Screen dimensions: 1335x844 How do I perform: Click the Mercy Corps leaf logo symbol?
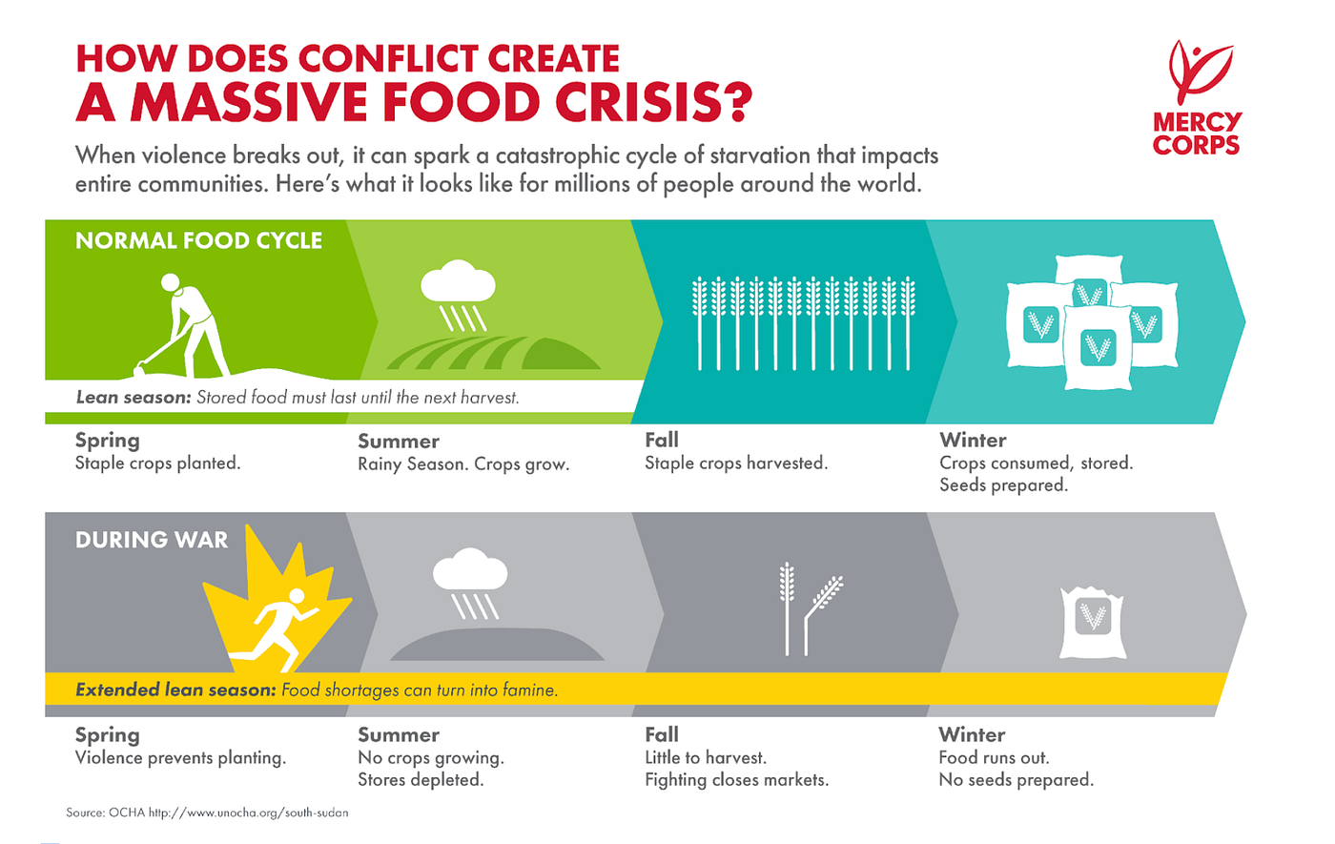(1200, 72)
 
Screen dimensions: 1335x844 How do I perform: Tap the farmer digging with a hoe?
(182, 325)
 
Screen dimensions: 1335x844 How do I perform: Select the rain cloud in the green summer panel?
(458, 280)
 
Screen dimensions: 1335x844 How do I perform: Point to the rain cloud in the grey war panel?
(470, 568)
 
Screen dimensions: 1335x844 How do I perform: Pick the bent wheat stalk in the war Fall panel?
(822, 614)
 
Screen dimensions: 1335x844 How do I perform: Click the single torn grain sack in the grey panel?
(1093, 622)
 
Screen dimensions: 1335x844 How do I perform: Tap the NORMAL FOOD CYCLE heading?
(198, 240)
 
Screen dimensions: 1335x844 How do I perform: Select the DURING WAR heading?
(152, 540)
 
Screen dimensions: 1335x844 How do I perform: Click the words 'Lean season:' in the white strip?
(133, 397)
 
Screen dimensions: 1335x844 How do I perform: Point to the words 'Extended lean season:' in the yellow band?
(175, 690)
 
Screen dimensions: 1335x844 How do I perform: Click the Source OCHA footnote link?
(208, 813)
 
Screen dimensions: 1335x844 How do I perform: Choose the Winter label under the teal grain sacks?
(973, 440)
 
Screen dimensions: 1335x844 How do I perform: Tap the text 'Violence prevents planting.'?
(180, 757)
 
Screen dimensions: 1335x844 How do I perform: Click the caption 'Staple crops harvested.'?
(736, 463)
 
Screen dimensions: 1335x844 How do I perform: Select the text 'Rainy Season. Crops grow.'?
(463, 464)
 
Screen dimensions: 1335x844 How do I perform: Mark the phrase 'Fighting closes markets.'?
(736, 780)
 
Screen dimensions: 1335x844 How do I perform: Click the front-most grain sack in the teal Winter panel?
(1098, 347)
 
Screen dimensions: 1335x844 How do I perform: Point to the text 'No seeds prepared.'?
(1017, 780)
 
